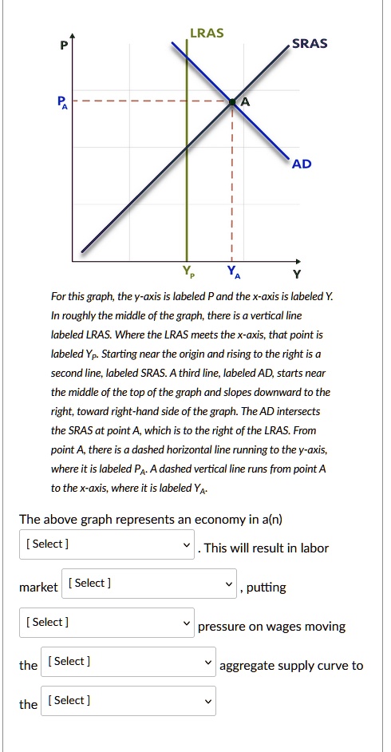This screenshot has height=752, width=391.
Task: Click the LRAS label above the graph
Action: click(207, 33)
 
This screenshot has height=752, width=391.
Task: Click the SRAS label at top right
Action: click(309, 43)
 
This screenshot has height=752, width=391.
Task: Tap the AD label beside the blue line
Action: click(302, 164)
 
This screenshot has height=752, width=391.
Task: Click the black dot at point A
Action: click(232, 102)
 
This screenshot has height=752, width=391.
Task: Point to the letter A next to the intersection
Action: click(245, 102)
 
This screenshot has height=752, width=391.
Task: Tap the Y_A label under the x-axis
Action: click(232, 271)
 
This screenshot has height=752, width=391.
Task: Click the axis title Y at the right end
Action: click(298, 275)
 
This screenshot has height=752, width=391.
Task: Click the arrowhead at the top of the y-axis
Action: click(73, 37)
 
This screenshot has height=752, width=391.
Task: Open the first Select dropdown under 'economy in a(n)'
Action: click(107, 544)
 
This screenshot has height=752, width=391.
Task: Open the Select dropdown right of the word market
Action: click(151, 584)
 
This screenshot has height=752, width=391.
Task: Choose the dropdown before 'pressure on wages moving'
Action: click(107, 623)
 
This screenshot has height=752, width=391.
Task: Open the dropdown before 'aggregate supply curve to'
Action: click(128, 662)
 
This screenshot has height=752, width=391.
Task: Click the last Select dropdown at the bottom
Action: click(128, 701)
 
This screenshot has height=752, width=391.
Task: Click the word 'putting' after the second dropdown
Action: click(267, 588)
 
